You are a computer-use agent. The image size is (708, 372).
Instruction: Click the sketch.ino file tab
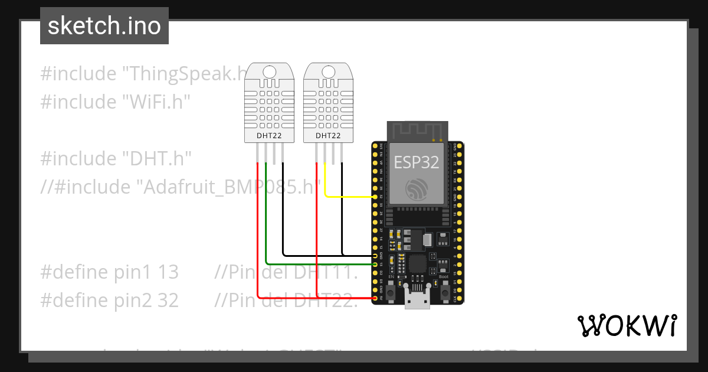(x=104, y=26)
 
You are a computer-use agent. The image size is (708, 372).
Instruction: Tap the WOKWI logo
(x=626, y=325)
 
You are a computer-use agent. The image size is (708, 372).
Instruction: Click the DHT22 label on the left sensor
(x=269, y=135)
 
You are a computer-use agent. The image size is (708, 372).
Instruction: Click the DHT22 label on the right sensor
(x=328, y=135)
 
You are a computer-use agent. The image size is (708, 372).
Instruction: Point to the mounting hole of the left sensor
(x=269, y=72)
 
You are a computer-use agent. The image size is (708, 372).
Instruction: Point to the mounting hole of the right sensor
(x=328, y=72)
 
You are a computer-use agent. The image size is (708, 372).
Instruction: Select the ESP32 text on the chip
(x=417, y=162)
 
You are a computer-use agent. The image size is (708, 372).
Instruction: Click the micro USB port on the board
(x=418, y=301)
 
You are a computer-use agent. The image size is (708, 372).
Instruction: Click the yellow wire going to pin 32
(x=348, y=197)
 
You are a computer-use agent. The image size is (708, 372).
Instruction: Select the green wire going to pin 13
(x=319, y=264)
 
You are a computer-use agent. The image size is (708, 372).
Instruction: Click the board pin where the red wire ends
(x=376, y=298)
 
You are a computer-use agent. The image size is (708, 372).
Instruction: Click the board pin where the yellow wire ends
(x=376, y=197)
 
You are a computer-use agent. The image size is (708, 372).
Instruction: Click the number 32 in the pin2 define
(x=168, y=301)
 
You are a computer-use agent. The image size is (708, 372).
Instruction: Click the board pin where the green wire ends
(x=376, y=264)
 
